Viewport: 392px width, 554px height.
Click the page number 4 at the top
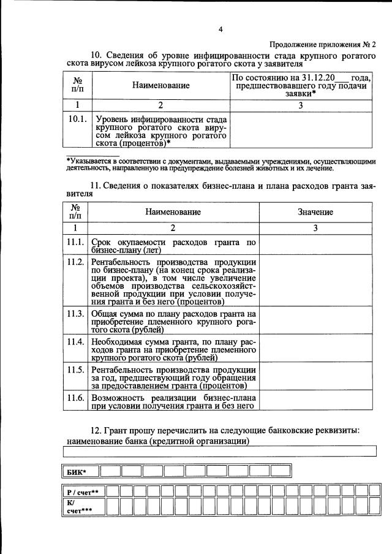(221, 29)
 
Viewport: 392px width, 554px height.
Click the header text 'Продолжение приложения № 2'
(323, 44)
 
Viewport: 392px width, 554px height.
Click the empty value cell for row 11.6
(315, 401)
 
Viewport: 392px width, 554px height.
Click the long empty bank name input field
(220, 452)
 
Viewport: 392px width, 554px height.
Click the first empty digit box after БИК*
(110, 471)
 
